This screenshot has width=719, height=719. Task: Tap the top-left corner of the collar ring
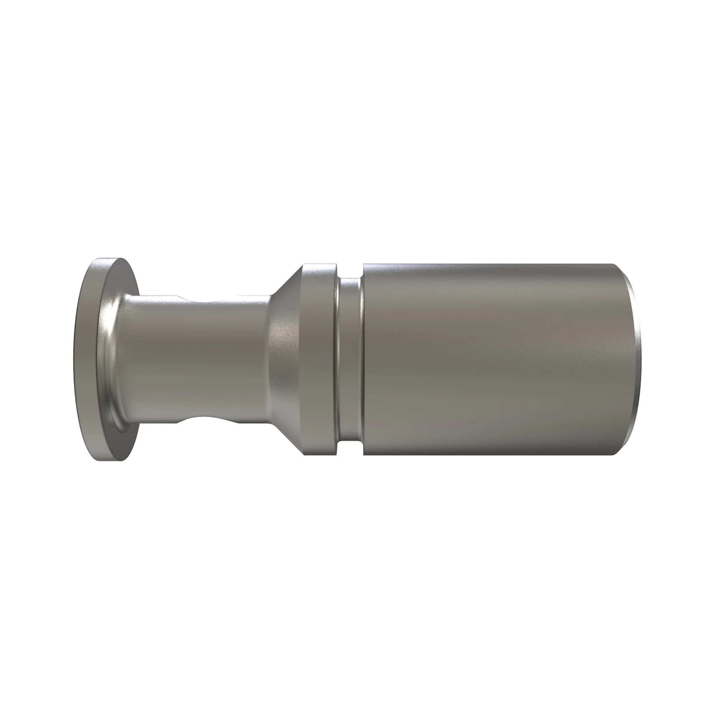click(303, 264)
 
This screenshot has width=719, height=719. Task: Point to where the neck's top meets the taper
click(270, 296)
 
